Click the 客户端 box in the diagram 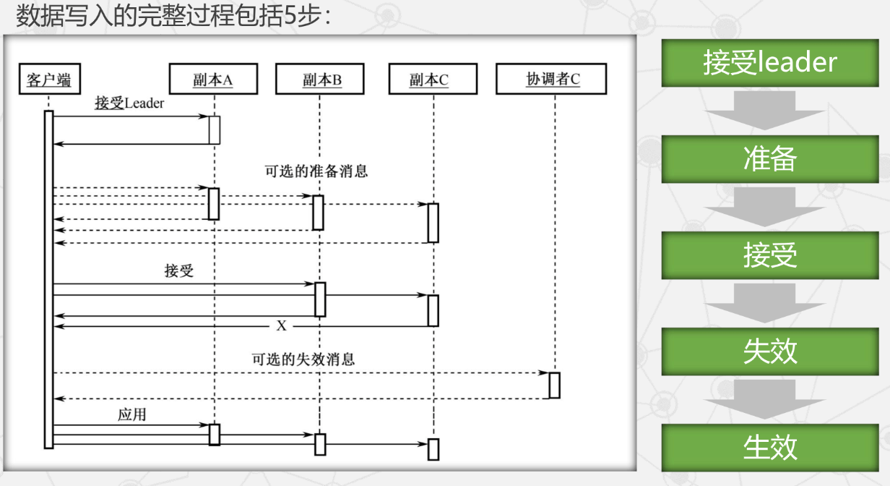pyautogui.click(x=48, y=80)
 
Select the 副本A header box pyautogui.click(x=213, y=80)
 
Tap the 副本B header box pyautogui.click(x=319, y=80)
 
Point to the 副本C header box pyautogui.click(x=433, y=80)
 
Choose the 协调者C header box pyautogui.click(x=551, y=80)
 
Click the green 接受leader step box pyautogui.click(x=770, y=62)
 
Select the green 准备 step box pyautogui.click(x=770, y=159)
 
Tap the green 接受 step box pyautogui.click(x=770, y=255)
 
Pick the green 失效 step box pyautogui.click(x=770, y=351)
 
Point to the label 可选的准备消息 pyautogui.click(x=316, y=171)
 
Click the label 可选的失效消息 pyautogui.click(x=303, y=359)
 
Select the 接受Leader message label pyautogui.click(x=129, y=103)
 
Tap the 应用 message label pyautogui.click(x=132, y=415)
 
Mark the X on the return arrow pyautogui.click(x=282, y=326)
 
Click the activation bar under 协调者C pyautogui.click(x=554, y=385)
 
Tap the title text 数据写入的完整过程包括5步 pyautogui.click(x=173, y=16)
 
